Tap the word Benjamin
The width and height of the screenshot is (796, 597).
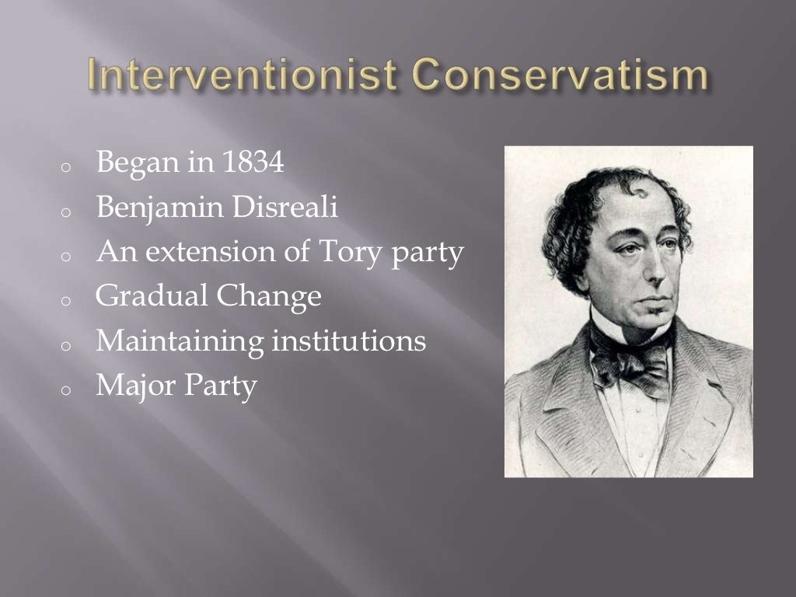coord(149,208)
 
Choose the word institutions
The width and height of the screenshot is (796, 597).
coord(347,340)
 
